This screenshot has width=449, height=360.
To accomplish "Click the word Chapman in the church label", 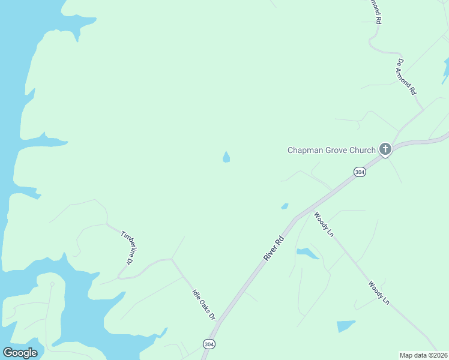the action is pyautogui.click(x=306, y=150).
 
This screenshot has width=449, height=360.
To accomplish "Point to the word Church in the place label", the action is pyautogui.click(x=363, y=150).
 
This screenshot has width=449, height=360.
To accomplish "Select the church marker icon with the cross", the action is pyautogui.click(x=385, y=149).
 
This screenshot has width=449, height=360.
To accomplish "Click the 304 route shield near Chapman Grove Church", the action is pyautogui.click(x=360, y=172).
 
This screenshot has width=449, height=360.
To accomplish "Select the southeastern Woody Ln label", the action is pyautogui.click(x=379, y=293).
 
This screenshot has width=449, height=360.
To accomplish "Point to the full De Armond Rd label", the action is pyautogui.click(x=406, y=76).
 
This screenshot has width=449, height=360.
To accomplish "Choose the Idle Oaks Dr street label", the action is pyautogui.click(x=203, y=304).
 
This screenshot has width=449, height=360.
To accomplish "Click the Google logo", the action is pyautogui.click(x=20, y=353).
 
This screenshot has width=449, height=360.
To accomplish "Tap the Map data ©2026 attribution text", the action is pyautogui.click(x=423, y=355).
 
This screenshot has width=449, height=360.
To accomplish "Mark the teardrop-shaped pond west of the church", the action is pyautogui.click(x=226, y=157).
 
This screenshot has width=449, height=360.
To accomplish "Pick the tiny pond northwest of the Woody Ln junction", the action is pyautogui.click(x=285, y=206).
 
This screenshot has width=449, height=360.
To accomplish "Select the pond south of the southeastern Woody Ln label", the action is pyautogui.click(x=345, y=326).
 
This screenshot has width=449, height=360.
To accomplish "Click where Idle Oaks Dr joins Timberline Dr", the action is pyautogui.click(x=172, y=260).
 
